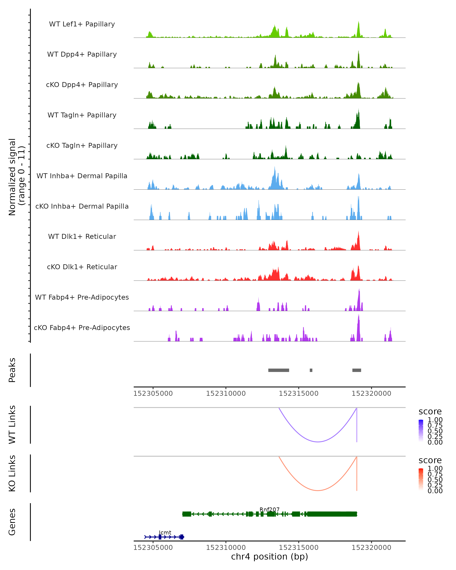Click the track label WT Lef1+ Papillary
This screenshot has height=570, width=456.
pos(82,24)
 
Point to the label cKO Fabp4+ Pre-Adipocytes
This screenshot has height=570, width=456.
pos(82,328)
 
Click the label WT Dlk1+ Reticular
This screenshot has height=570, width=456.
pos(82,236)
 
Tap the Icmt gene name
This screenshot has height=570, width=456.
pos(165,532)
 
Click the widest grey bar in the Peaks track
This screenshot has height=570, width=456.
pos(279,370)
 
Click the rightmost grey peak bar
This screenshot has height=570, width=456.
pos(357,370)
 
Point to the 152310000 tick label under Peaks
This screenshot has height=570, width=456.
pos(226,393)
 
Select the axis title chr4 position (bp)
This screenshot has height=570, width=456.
pos(269,557)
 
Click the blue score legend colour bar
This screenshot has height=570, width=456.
pos(421,430)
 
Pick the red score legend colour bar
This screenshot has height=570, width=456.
pos(421,479)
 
